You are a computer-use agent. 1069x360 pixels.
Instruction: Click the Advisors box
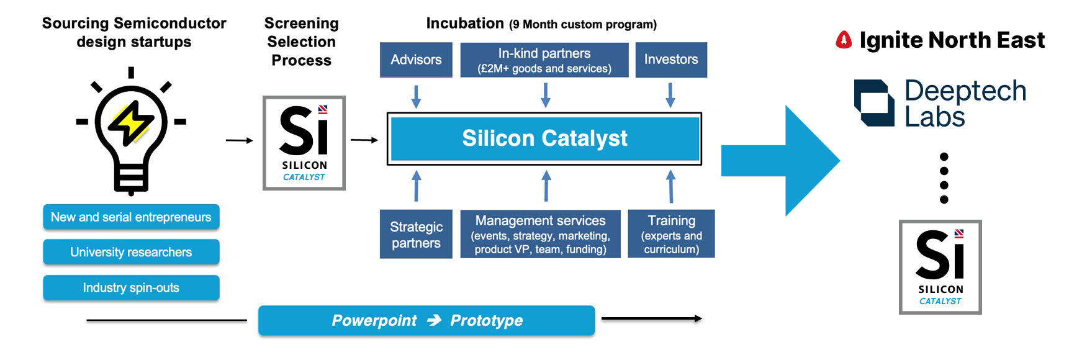[x=416, y=60]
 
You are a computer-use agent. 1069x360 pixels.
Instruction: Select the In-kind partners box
[x=544, y=60]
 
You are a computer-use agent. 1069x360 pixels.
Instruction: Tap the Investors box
[x=671, y=60]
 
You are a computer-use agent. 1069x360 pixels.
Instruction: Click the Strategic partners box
[x=416, y=234]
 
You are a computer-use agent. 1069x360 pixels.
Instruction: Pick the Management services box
[x=540, y=234]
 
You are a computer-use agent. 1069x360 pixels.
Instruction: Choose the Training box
[x=671, y=234]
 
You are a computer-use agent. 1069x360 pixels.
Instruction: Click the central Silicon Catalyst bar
[x=544, y=138]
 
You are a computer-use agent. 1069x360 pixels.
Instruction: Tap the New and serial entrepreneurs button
[x=131, y=217]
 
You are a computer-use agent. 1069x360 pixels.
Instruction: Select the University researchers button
[x=131, y=252]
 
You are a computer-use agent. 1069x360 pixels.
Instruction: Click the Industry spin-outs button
[x=131, y=288]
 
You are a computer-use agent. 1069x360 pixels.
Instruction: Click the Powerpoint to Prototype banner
[x=426, y=320]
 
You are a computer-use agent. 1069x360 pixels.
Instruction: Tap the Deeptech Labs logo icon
[x=874, y=103]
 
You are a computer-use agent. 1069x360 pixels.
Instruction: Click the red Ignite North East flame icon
[x=844, y=40]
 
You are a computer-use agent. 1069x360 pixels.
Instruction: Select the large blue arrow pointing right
[x=782, y=161]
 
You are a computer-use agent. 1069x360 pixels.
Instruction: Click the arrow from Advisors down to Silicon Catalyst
[x=416, y=96]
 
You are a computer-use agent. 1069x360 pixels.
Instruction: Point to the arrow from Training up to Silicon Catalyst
[x=670, y=187]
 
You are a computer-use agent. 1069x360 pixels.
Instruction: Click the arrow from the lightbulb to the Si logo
[x=239, y=141]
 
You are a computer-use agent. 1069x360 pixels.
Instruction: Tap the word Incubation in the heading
[x=465, y=24]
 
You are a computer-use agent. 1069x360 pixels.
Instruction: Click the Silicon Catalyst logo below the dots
[x=940, y=267]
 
